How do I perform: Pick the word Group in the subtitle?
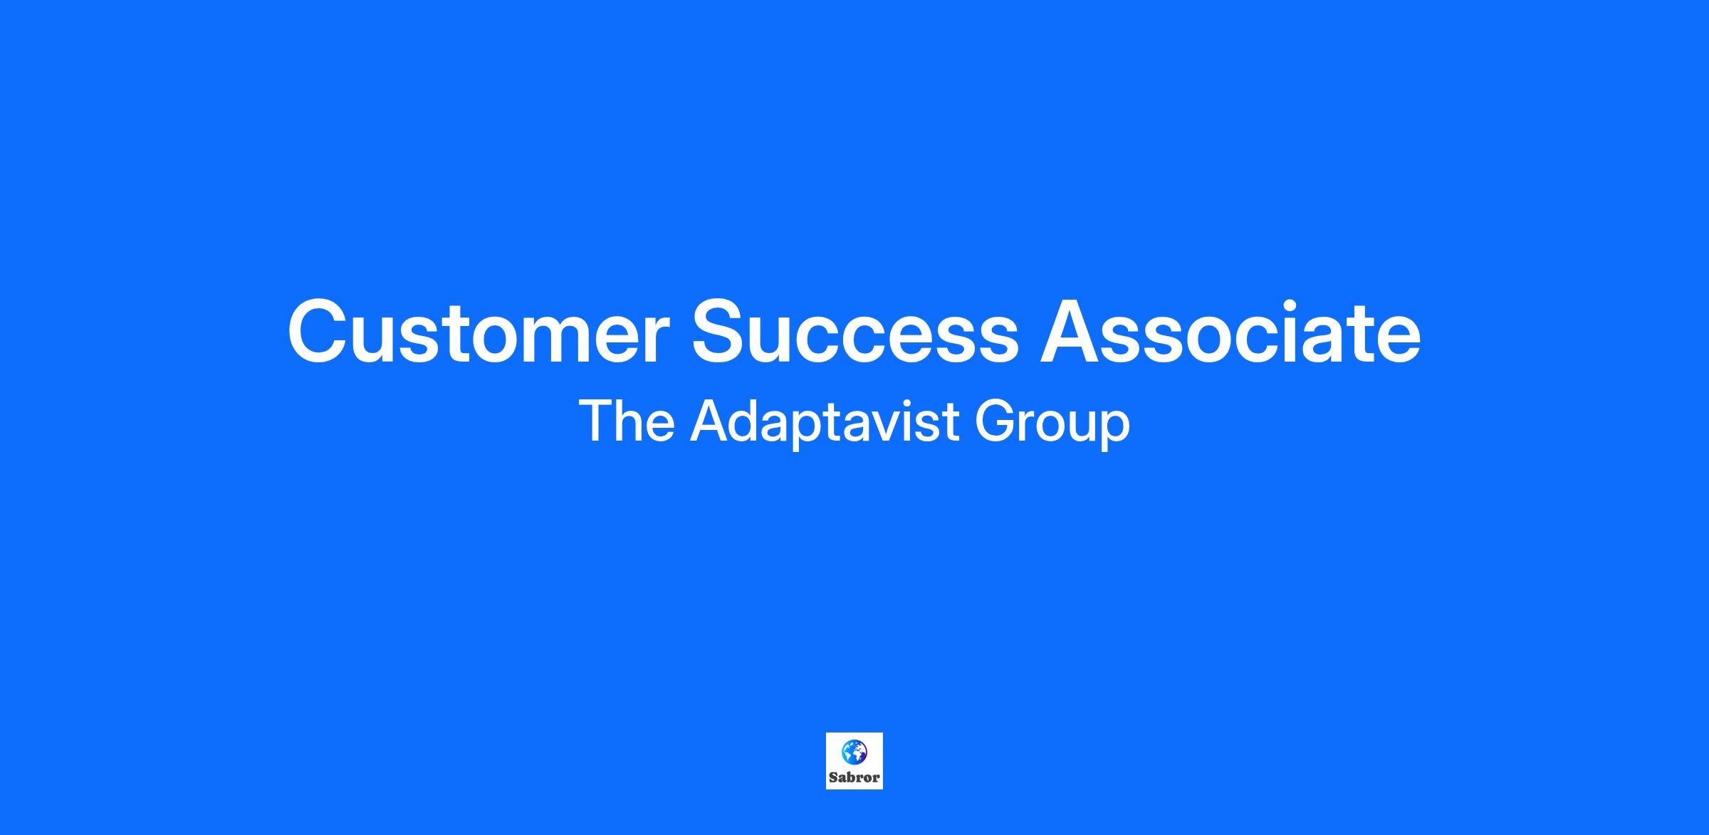coord(1052,424)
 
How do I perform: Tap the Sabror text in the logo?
coord(854,777)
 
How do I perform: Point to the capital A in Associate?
coord(1072,332)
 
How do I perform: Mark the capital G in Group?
coord(995,421)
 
